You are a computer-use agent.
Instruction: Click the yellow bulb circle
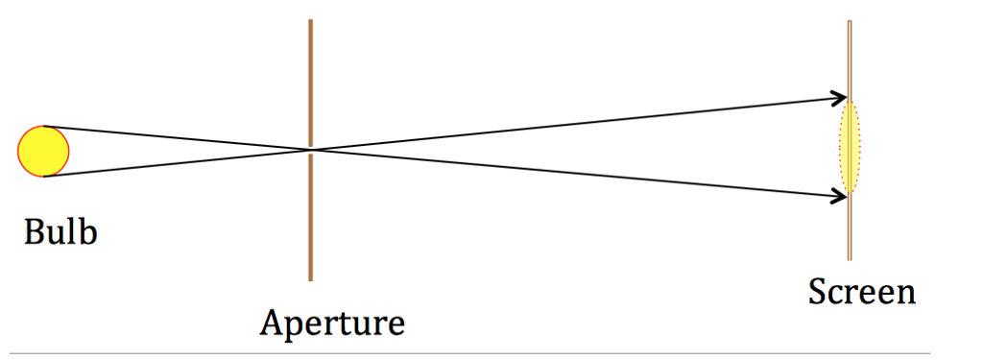click(x=43, y=152)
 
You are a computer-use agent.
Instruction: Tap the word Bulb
click(x=60, y=231)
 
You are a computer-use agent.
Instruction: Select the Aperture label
click(x=331, y=322)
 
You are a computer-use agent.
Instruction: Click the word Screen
click(x=861, y=291)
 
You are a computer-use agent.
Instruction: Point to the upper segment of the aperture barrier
click(x=310, y=82)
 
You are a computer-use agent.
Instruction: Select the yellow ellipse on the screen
click(x=851, y=147)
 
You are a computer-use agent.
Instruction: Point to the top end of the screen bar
click(x=850, y=23)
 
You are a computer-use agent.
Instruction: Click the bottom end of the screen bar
click(x=850, y=258)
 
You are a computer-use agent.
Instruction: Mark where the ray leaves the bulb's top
click(x=44, y=127)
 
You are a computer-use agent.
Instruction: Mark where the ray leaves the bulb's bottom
click(x=44, y=177)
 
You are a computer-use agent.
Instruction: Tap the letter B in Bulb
click(x=34, y=231)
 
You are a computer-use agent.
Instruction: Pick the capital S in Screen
click(x=817, y=291)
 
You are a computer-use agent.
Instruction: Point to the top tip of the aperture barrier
click(x=310, y=20)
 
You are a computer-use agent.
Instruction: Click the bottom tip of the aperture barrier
click(x=310, y=279)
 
